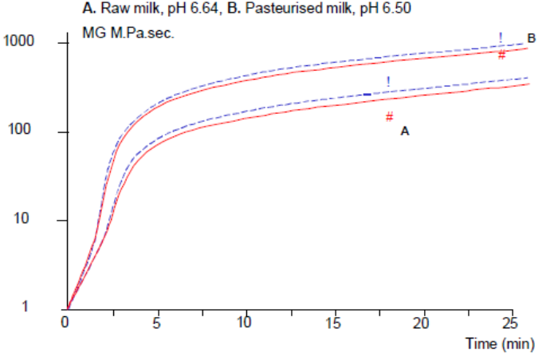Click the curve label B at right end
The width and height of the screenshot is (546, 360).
531,37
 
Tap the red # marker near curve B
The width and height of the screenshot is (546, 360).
501,55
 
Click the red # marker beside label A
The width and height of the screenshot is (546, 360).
389,117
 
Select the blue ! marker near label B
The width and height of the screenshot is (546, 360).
501,37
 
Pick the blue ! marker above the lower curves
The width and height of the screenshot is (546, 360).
388,81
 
